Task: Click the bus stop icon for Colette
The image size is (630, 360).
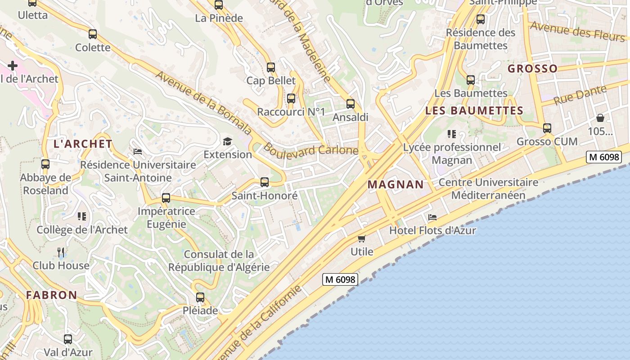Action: pos(93,34)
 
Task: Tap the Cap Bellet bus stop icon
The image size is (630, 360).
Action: pos(270,67)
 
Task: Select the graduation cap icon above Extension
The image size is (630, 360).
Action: pos(227,142)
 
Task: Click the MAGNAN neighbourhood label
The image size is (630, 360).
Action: pos(396,184)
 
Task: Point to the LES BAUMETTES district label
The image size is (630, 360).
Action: pos(474,110)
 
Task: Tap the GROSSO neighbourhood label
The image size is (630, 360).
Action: pos(532,68)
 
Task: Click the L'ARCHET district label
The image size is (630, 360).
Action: pos(83,144)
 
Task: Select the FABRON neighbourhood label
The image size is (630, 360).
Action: pos(51,295)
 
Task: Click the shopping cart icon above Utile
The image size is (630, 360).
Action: pos(361,238)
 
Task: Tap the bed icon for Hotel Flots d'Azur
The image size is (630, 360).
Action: pos(432,217)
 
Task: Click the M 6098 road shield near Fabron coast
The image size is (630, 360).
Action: pos(340,279)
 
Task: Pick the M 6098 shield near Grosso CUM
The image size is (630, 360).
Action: pos(604,157)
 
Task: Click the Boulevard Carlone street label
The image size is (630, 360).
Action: pos(310,149)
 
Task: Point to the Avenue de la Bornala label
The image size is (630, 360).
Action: pos(203,102)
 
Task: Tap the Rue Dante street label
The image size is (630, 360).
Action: pos(580,94)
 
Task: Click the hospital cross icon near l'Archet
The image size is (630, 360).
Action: pos(12,66)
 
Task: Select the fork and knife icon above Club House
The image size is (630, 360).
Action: pos(61,252)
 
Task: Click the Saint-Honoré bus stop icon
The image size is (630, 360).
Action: pos(265,182)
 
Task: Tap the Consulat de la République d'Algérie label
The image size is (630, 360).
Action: pos(219,261)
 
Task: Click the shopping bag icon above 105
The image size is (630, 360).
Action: pos(600,118)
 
